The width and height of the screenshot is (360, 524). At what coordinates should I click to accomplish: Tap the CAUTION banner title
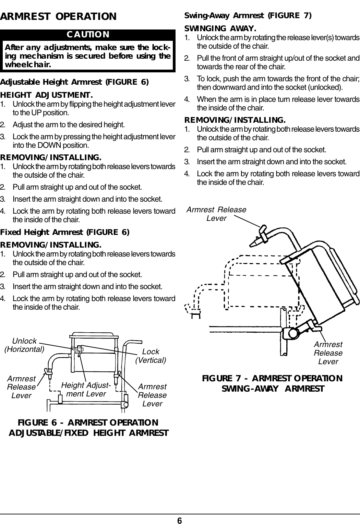pyautogui.click(x=88, y=34)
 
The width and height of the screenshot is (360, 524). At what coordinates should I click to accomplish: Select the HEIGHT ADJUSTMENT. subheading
pyautogui.click(x=46, y=94)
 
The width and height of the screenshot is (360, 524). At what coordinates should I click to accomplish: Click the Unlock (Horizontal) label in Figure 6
pyautogui.click(x=24, y=345)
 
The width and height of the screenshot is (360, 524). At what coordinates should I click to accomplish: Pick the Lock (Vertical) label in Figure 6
pyautogui.click(x=151, y=356)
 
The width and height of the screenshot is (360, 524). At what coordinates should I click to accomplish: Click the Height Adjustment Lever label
pyautogui.click(x=86, y=390)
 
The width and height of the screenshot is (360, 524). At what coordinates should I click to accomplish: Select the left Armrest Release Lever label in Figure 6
pyautogui.click(x=21, y=387)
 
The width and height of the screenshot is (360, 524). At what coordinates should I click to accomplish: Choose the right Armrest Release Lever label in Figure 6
pyautogui.click(x=152, y=395)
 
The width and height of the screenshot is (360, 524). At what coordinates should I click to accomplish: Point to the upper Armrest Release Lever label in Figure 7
pyautogui.click(x=216, y=214)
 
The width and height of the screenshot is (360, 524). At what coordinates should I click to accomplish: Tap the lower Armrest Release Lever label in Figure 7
pyautogui.click(x=328, y=353)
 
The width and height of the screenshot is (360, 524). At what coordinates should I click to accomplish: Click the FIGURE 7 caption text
pyautogui.click(x=272, y=383)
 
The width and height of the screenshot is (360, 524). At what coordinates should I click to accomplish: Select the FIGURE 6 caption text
pyautogui.click(x=88, y=427)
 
